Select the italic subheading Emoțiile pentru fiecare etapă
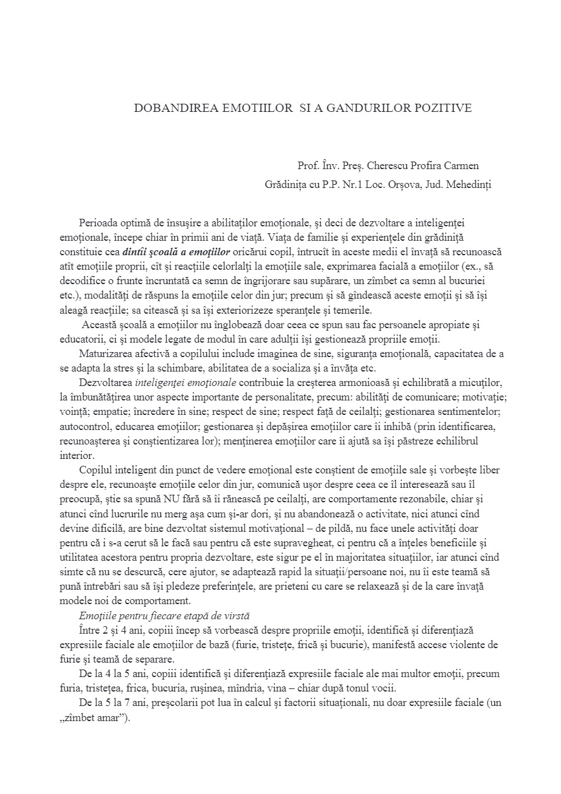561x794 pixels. [x=153, y=615]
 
